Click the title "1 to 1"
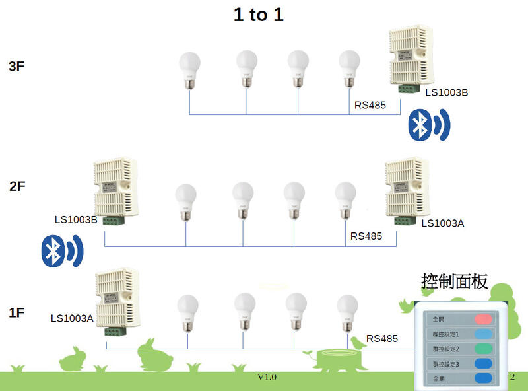tap(258, 15)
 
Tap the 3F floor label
tap(17, 67)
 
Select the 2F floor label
tap(17, 186)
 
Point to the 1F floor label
tap(16, 312)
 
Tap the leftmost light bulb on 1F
tap(187, 312)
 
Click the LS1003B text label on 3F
tap(446, 92)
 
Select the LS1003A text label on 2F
tap(442, 223)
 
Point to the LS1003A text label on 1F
tap(72, 318)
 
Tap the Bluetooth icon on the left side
tap(61, 251)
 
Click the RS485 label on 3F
tap(370, 105)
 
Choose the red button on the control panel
tap(484, 319)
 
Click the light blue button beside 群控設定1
tap(484, 334)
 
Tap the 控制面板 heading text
tap(454, 282)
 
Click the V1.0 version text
tap(267, 377)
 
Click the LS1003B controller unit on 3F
tap(411, 57)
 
